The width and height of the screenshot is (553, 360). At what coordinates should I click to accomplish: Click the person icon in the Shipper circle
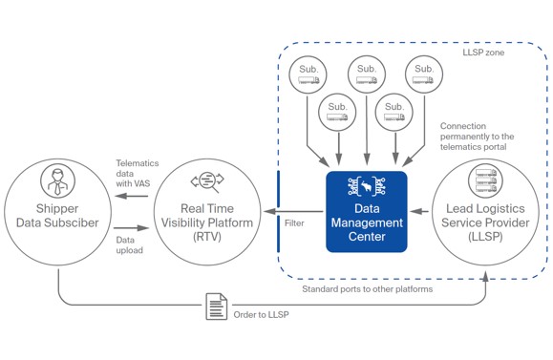coord(57,180)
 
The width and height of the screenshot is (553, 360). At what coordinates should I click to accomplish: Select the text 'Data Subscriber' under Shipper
coord(57,223)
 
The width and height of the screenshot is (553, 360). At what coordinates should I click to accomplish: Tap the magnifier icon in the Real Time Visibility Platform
coord(208,181)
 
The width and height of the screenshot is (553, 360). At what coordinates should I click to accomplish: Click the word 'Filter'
coord(294,222)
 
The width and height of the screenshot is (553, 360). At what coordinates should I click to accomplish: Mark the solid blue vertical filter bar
coord(277,211)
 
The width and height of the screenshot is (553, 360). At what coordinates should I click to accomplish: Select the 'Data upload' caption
coord(130,244)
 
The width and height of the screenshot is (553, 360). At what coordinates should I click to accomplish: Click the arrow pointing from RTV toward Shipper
coord(132,197)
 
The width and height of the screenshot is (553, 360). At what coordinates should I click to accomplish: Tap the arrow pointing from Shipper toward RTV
coord(132,228)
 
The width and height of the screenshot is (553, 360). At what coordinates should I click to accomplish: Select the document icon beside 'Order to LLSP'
coord(217,307)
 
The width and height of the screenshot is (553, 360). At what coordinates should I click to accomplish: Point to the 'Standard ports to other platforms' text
coord(367,288)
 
